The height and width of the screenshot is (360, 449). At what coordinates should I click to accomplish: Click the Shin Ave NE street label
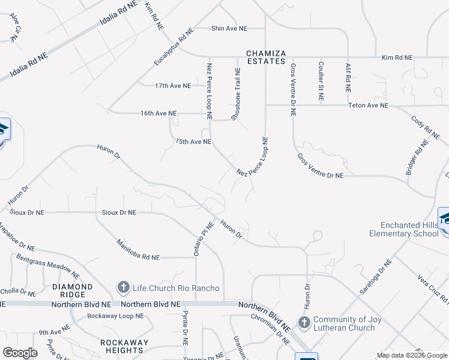pyautogui.click(x=229, y=28)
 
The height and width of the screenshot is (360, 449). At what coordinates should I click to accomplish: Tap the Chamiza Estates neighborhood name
pyautogui.click(x=265, y=57)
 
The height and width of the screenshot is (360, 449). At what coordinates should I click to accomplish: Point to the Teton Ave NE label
pyautogui.click(x=369, y=106)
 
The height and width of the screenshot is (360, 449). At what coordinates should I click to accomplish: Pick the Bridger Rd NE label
pyautogui.click(x=417, y=157)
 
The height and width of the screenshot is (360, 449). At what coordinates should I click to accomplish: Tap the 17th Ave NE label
pyautogui.click(x=172, y=86)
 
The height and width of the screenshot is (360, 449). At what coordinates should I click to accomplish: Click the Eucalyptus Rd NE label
pyautogui.click(x=173, y=46)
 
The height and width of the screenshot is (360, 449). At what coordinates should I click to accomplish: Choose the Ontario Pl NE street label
pyautogui.click(x=203, y=238)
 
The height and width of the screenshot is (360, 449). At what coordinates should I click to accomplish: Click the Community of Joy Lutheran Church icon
pyautogui.click(x=304, y=323)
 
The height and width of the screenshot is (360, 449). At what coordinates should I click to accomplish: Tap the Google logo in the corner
pyautogui.click(x=20, y=353)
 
